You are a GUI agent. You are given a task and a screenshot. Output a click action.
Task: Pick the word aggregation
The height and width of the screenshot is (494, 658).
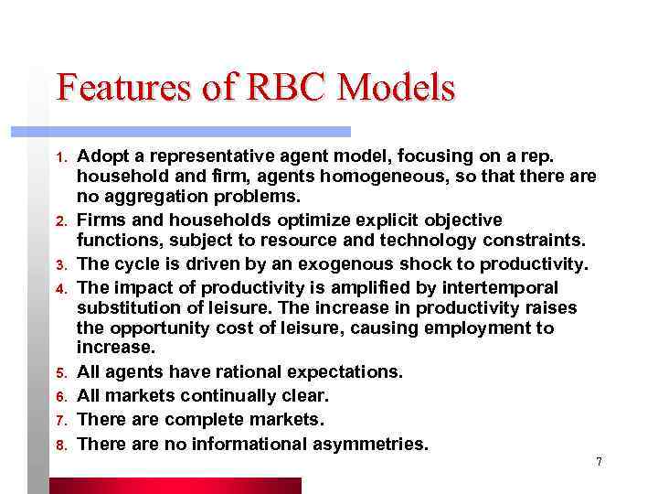(153, 196)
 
